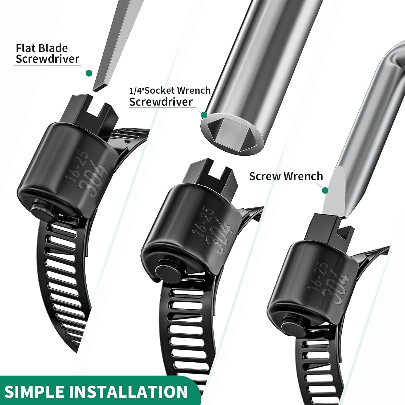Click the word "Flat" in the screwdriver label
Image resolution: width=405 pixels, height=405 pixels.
tap(26, 48)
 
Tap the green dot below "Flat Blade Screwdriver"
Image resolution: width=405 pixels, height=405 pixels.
tap(89, 73)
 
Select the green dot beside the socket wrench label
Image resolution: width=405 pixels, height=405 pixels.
tap(204, 115)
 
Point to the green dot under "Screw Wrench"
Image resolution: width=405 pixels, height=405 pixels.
tap(325, 191)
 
